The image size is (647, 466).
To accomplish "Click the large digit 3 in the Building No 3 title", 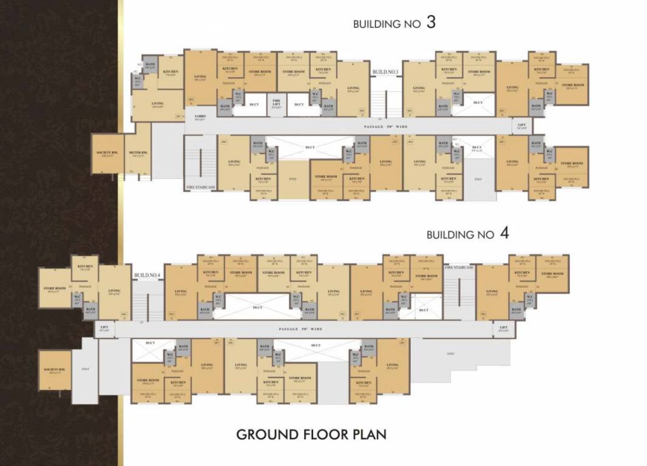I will (x=431, y=23).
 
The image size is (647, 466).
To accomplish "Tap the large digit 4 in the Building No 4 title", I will (x=504, y=234).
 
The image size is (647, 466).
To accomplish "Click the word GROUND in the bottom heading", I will (x=266, y=434).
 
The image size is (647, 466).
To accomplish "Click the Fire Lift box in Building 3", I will (x=276, y=103).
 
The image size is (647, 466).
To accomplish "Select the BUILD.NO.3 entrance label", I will (x=385, y=72).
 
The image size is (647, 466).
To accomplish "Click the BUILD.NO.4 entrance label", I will (x=147, y=275).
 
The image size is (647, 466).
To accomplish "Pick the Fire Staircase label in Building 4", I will (x=458, y=268).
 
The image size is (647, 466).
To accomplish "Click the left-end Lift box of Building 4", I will (x=104, y=329).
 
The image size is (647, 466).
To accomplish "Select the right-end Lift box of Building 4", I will (x=503, y=329).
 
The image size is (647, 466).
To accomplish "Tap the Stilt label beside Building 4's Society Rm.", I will (x=85, y=369).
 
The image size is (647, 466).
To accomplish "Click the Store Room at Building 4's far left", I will (x=54, y=289).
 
